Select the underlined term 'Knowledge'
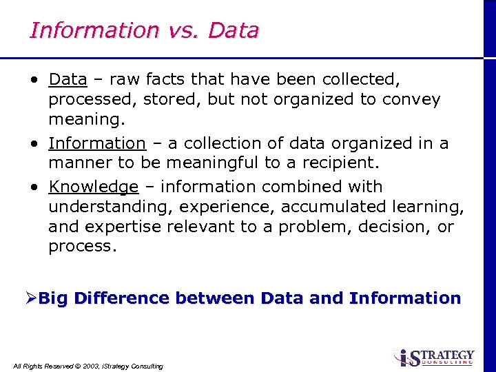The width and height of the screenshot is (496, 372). [94, 187]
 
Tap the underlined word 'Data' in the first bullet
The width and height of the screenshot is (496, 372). [68, 79]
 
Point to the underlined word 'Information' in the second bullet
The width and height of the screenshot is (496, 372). [97, 143]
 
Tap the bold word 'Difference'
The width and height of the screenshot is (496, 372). [121, 298]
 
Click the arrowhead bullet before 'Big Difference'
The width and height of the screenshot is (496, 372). [31, 298]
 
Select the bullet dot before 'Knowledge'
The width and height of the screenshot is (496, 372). [34, 187]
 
